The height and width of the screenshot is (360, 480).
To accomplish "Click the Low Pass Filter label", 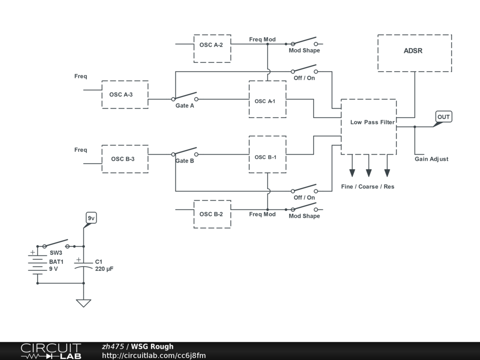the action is pyautogui.click(x=372, y=122).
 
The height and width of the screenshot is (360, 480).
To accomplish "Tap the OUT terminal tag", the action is pyautogui.click(x=443, y=117).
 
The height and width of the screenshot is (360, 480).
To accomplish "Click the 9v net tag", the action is pyautogui.click(x=91, y=218).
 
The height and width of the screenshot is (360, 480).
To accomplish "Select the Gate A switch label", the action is pyautogui.click(x=185, y=105).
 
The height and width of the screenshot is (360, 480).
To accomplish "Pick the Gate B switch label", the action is pyautogui.click(x=185, y=161).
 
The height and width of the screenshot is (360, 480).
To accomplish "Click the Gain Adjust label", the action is pyautogui.click(x=431, y=159).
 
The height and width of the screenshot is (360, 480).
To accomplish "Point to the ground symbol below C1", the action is pyautogui.click(x=83, y=303).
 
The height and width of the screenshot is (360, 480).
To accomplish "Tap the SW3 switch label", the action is pyautogui.click(x=56, y=253).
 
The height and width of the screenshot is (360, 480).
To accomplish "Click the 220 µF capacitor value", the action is pyautogui.click(x=104, y=269).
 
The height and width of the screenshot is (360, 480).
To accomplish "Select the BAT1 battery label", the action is pyautogui.click(x=56, y=262).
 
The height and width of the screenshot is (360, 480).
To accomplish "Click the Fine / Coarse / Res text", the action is pyautogui.click(x=367, y=187).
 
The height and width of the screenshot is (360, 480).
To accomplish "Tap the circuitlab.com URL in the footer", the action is pyautogui.click(x=154, y=355).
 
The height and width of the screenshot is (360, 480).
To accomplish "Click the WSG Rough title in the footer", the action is pyautogui.click(x=152, y=346).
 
